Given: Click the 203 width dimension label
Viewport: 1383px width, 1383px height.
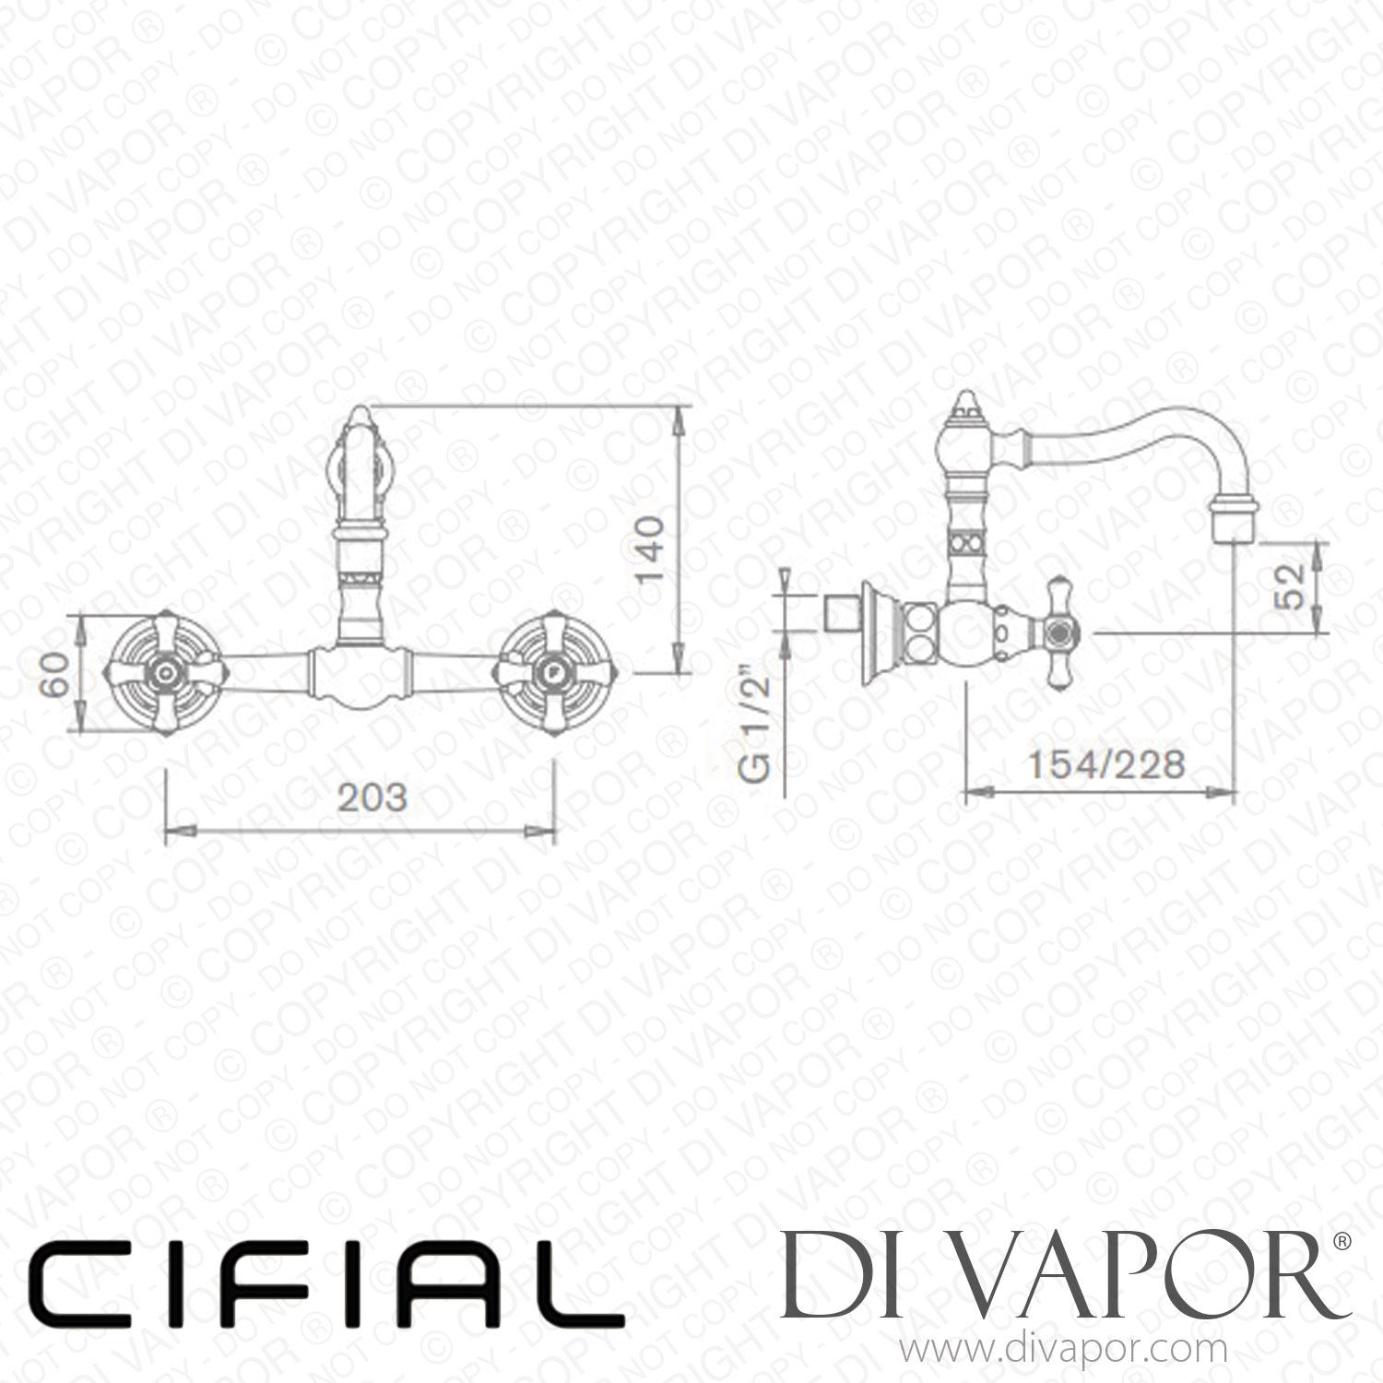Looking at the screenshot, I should point(372,797).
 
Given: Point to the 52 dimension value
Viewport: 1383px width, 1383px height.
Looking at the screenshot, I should point(1294,586).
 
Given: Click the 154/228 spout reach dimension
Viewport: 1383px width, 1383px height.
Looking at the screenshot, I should point(1105,764).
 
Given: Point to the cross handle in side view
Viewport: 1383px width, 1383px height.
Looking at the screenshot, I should point(1058,632).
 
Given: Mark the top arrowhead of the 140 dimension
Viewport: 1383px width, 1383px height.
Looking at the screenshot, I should point(680,417).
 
